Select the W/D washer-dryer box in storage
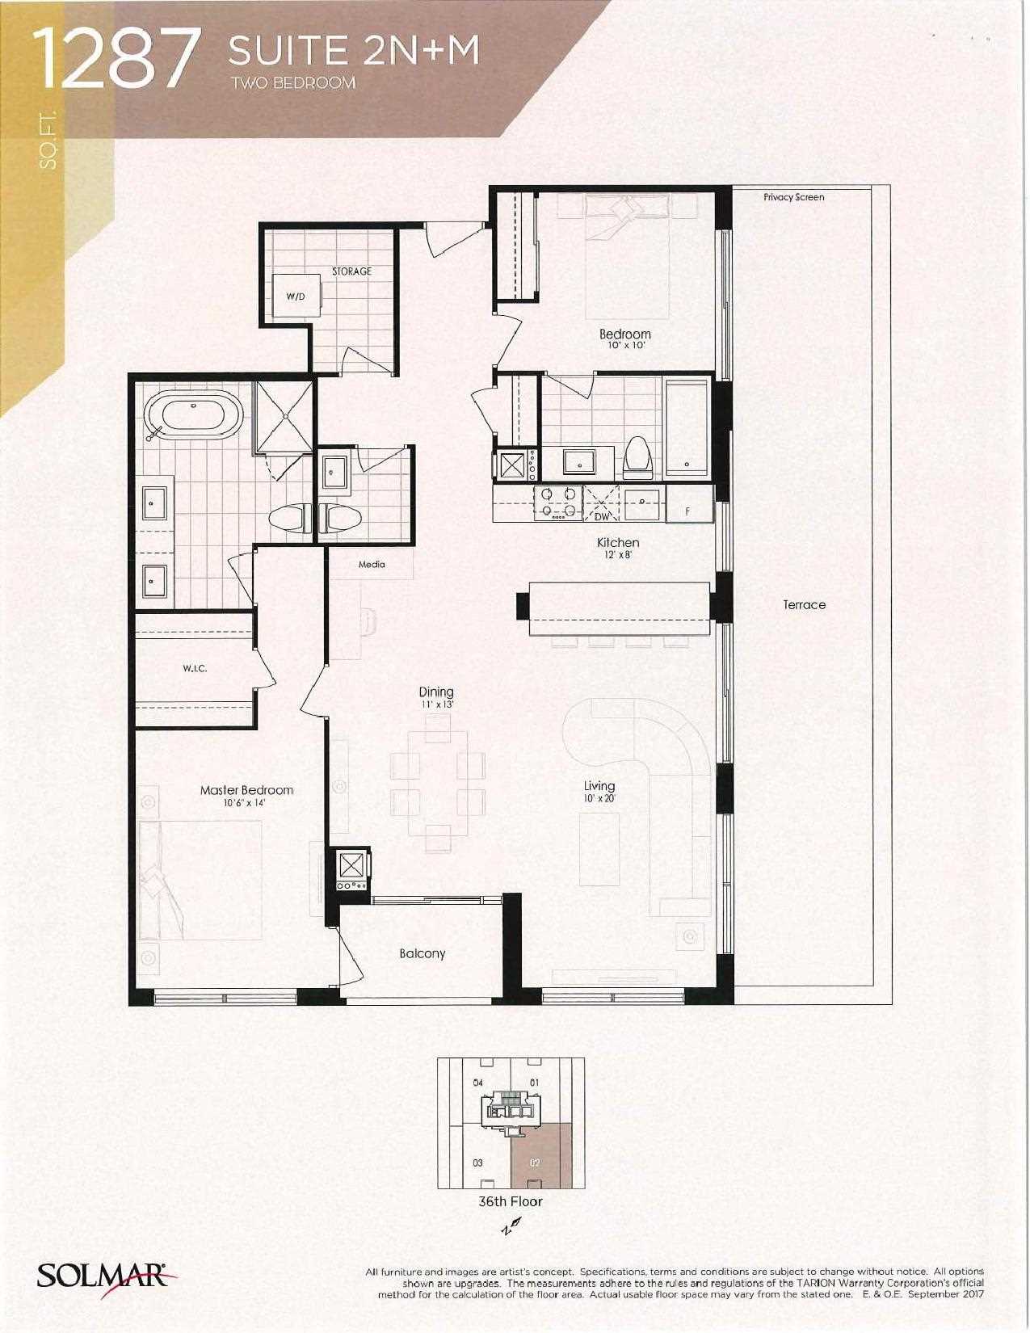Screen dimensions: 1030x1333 (x=297, y=295)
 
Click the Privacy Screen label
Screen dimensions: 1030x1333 (x=793, y=197)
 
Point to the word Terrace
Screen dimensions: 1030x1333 (x=804, y=604)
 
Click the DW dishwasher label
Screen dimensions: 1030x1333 (x=603, y=516)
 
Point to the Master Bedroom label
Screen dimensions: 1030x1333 (x=246, y=790)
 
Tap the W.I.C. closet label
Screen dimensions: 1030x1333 (x=195, y=668)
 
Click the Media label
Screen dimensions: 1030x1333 (x=372, y=564)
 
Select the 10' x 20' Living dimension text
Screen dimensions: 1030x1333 (x=599, y=798)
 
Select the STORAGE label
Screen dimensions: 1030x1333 (x=352, y=271)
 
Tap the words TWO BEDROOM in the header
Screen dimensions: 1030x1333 (x=293, y=83)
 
